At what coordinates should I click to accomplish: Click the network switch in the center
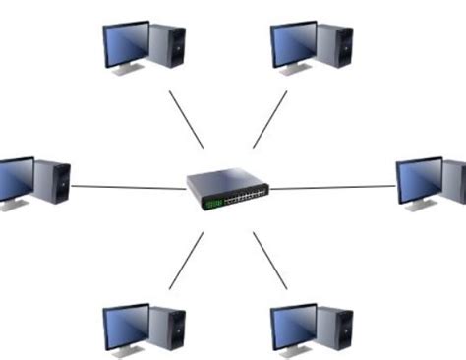pyautogui.click(x=230, y=188)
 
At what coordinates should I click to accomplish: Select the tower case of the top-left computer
pyautogui.click(x=167, y=45)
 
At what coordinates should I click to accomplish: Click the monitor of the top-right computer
pyautogui.click(x=293, y=44)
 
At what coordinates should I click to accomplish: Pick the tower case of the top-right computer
pyautogui.click(x=334, y=45)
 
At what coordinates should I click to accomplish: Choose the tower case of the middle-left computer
pyautogui.click(x=52, y=182)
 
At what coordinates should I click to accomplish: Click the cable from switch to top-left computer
pyautogui.click(x=186, y=119)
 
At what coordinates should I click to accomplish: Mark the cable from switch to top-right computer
pyautogui.click(x=270, y=119)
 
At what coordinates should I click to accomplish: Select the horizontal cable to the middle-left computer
pyautogui.click(x=128, y=187)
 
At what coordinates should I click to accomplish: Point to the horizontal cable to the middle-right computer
pyautogui.click(x=334, y=187)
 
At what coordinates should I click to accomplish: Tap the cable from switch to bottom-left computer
pyautogui.click(x=186, y=261)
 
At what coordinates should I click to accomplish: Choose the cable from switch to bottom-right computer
pyautogui.click(x=270, y=261)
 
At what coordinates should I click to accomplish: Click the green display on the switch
pyautogui.click(x=212, y=203)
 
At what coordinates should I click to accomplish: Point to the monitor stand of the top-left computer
pyautogui.click(x=127, y=71)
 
